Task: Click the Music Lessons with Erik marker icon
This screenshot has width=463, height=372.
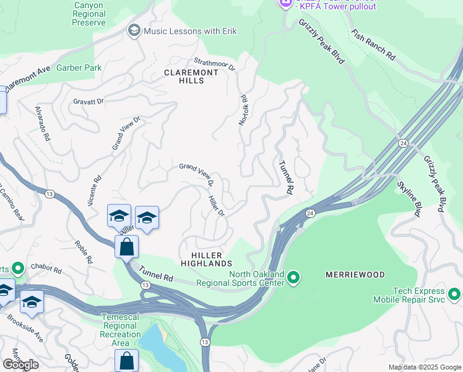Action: (x=134, y=30)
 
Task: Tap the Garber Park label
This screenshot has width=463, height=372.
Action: (x=79, y=68)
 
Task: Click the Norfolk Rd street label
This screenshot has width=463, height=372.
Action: (x=244, y=110)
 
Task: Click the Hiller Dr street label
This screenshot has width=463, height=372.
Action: (x=215, y=205)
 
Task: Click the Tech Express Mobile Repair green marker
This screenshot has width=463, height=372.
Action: (x=454, y=293)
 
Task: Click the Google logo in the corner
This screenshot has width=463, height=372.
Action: (x=20, y=364)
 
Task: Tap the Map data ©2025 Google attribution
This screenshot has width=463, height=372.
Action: (x=425, y=367)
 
